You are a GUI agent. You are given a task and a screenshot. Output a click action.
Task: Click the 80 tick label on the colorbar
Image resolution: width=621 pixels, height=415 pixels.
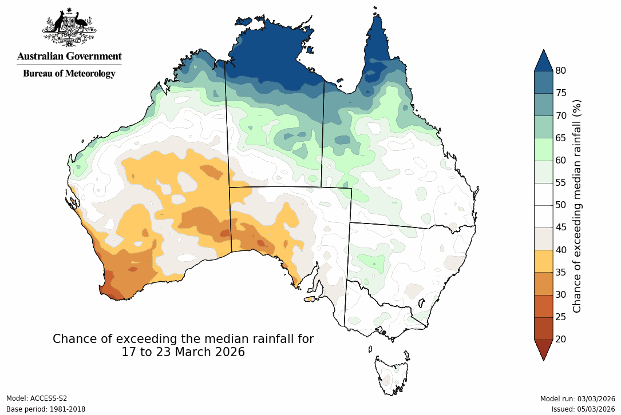(561, 71)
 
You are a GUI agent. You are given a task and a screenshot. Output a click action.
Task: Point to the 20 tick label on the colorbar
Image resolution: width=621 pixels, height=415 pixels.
(561, 339)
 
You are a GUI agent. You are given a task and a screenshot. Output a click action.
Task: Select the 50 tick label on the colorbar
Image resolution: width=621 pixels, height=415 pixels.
(561, 205)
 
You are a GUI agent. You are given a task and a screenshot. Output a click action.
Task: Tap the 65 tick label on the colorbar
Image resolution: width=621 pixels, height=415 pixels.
(561, 138)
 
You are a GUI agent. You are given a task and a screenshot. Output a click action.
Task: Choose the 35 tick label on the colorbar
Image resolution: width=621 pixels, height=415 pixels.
(561, 272)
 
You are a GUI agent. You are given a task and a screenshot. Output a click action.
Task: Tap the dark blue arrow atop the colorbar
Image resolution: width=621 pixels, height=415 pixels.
(543, 61)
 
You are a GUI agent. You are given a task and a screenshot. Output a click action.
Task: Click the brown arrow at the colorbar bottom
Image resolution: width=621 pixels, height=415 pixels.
(543, 349)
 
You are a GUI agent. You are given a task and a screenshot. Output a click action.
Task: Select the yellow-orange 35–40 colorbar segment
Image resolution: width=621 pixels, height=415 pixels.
(543, 261)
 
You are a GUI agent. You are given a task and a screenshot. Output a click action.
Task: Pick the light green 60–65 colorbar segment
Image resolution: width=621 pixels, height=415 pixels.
(543, 149)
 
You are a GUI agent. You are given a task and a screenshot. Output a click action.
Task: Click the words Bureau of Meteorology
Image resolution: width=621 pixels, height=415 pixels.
(69, 73)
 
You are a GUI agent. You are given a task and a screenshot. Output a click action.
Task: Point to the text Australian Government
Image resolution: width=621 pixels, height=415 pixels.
(69, 56)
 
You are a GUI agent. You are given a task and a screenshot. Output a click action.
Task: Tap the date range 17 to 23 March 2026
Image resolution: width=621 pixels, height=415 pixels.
(183, 352)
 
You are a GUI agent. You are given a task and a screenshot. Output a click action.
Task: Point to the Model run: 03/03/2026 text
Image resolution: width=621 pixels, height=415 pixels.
(578, 398)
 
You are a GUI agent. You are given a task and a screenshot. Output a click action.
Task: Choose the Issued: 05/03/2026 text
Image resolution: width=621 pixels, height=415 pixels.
(583, 409)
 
